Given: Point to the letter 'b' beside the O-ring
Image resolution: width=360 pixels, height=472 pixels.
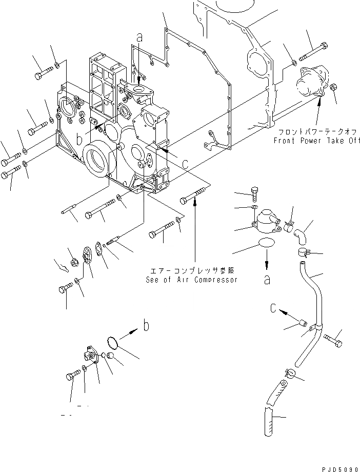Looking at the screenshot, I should (x=146, y=326).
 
